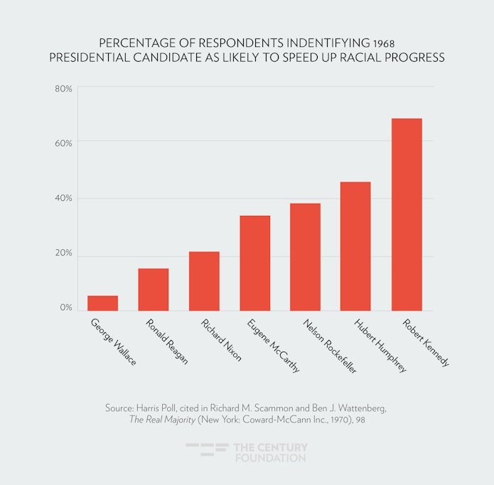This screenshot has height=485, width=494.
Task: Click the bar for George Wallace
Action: [102, 303]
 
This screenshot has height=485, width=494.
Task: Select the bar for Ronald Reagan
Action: [154, 290]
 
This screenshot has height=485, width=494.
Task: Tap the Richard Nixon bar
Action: [204, 281]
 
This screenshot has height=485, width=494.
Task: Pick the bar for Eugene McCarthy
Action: [255, 263]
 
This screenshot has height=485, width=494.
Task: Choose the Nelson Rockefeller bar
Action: [306, 257]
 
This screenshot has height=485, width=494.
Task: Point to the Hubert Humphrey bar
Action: [356, 246]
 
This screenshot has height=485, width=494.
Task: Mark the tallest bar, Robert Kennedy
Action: [407, 214]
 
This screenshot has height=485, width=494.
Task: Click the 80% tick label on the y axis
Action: [63, 89]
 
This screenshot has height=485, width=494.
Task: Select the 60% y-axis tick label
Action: [63, 143]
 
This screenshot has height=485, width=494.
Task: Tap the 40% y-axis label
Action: [63, 198]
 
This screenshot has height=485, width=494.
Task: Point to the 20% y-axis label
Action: [63, 254]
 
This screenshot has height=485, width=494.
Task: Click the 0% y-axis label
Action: [65, 308]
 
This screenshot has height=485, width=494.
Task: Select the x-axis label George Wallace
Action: [113, 341]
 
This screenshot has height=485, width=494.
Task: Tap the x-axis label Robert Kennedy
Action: [426, 342]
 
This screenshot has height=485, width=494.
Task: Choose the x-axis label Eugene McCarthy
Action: [273, 346]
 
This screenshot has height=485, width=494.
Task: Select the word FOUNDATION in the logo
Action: [270, 458]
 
